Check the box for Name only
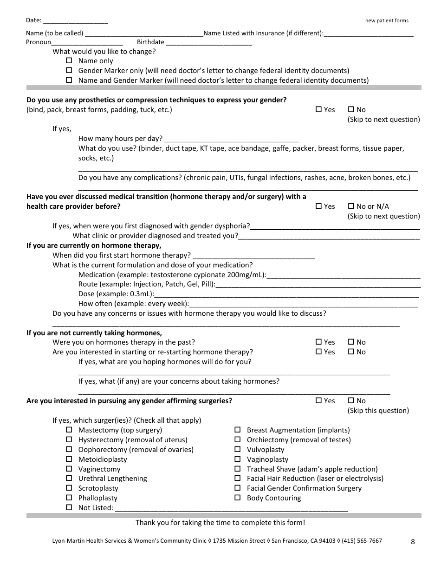69,60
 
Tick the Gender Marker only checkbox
69,70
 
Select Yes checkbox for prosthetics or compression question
318,109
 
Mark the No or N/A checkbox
351,206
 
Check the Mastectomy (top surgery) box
69,430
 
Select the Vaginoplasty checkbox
238,459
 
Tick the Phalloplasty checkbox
69,498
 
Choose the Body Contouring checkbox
238,498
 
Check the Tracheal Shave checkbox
238,469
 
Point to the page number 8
413,541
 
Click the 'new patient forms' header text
387,20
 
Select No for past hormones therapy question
351,342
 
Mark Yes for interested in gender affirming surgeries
318,400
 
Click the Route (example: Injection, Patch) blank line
318,285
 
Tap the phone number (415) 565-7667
362,541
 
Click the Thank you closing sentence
220,522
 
